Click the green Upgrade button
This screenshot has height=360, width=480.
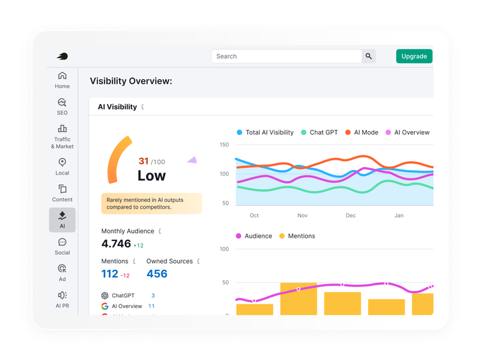[x=414, y=56]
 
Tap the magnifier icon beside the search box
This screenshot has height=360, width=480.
[x=369, y=56]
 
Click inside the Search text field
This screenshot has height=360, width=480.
[x=286, y=56]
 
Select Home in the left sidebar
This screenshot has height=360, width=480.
[x=62, y=80]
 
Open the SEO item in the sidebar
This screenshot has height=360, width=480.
[x=62, y=106]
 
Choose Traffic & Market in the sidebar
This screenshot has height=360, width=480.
[x=62, y=136]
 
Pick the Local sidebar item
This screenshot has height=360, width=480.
[x=62, y=166]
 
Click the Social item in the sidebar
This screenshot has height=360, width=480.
[x=62, y=246]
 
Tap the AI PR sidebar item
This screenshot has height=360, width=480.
[x=62, y=299]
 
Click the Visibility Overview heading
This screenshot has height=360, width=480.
[x=131, y=81]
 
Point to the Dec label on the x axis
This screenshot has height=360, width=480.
[x=351, y=215]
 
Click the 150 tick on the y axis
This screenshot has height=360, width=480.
[x=224, y=145]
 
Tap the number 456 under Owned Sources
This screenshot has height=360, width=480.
[x=157, y=274]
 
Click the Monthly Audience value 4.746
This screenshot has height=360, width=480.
[x=116, y=244]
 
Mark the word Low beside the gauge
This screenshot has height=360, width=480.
[x=152, y=176]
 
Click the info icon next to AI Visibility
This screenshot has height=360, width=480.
[x=143, y=107]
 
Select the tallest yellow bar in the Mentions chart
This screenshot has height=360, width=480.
[x=298, y=299]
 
